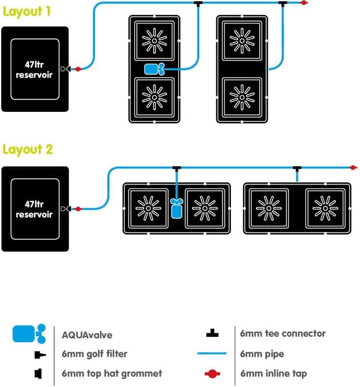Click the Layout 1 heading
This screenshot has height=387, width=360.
26,11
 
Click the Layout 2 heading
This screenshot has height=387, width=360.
27,149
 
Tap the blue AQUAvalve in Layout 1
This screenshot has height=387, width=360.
154,69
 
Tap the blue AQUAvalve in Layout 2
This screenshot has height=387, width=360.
177,208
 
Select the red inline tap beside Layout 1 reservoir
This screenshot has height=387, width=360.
78,69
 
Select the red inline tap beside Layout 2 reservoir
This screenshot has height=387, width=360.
78,209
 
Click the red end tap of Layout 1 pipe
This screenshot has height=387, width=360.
304,3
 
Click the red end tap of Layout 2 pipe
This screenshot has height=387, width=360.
353,168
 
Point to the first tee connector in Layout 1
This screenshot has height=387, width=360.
198,3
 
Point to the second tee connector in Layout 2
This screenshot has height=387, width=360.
297,168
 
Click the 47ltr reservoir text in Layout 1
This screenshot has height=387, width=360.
34,69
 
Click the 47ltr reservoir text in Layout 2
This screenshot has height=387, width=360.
34,209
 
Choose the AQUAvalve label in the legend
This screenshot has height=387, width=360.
87,335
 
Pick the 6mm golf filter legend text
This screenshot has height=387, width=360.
94,354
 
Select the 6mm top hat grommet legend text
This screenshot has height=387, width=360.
112,374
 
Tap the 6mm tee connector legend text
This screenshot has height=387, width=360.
283,333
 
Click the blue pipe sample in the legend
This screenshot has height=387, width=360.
212,353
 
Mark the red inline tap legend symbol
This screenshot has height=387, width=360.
212,374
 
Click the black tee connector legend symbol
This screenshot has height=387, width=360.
212,333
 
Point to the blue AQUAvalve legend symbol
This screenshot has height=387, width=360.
29,334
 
